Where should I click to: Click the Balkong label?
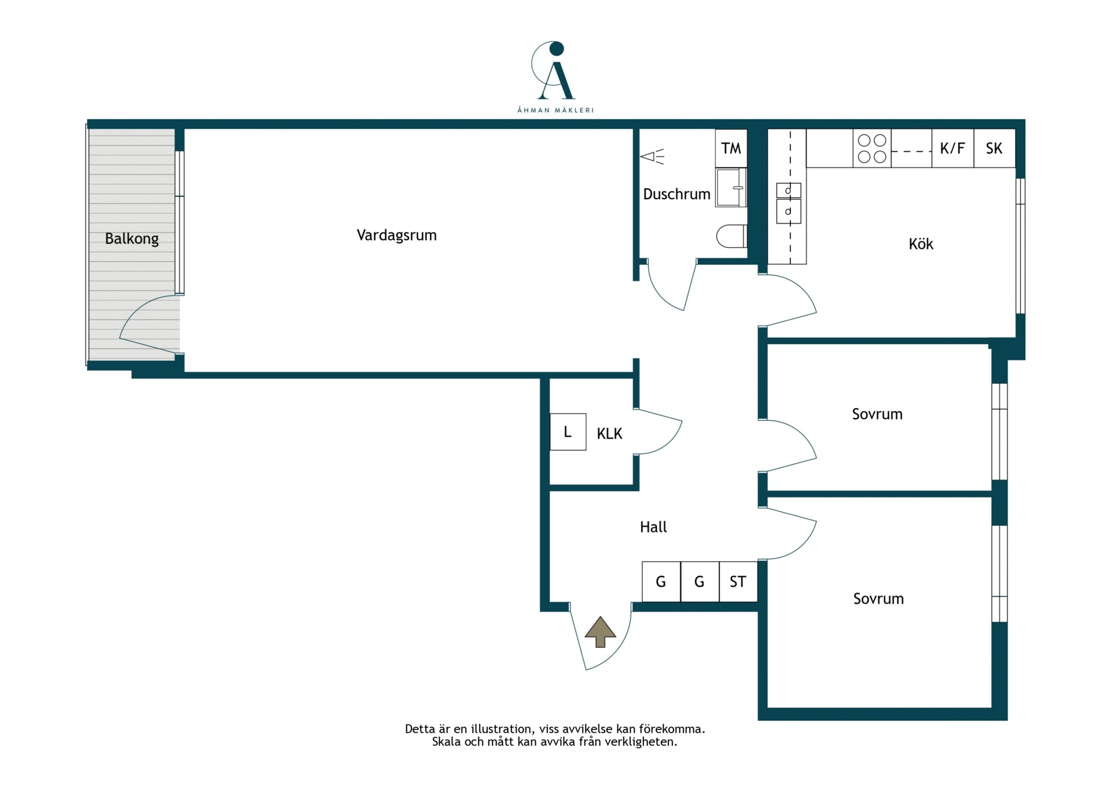(131, 239)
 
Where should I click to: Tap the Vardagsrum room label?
(396, 235)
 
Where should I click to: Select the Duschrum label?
(676, 194)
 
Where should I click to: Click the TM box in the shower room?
(731, 148)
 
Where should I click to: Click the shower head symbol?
(652, 156)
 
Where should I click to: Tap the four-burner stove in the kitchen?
(872, 148)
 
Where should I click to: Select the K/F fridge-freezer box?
(952, 148)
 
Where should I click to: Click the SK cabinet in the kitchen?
(994, 148)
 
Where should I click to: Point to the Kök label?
(921, 244)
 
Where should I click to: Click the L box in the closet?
(568, 432)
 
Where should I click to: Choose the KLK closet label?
(609, 434)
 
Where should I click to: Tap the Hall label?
(653, 527)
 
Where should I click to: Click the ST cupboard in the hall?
(738, 582)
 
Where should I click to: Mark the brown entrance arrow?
(600, 632)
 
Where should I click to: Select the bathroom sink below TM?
(731, 188)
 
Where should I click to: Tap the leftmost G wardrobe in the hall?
(661, 582)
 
